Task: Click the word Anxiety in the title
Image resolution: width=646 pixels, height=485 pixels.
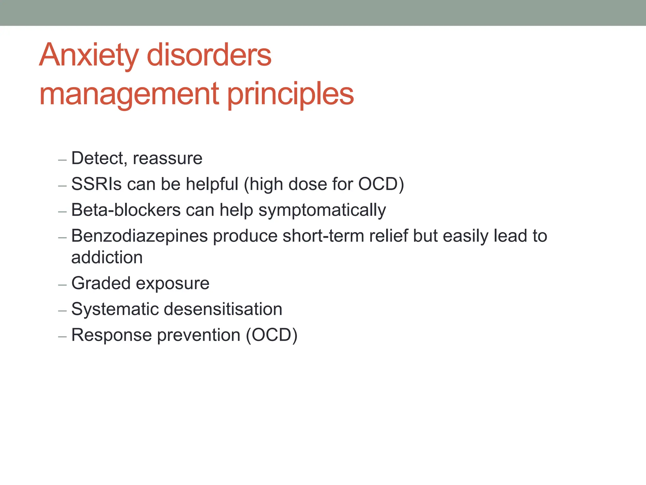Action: click(89, 56)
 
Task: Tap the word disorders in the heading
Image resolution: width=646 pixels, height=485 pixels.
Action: click(209, 56)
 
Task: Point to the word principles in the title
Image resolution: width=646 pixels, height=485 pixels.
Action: click(291, 94)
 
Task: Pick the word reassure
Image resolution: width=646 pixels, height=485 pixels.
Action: click(167, 158)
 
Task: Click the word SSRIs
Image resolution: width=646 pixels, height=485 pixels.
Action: click(96, 184)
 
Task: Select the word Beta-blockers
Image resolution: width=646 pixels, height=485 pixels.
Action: click(126, 210)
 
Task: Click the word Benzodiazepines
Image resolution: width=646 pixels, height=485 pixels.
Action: click(139, 236)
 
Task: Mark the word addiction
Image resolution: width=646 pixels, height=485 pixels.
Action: click(107, 257)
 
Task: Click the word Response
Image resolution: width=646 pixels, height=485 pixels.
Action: click(112, 335)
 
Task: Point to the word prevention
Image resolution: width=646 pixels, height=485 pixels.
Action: click(199, 335)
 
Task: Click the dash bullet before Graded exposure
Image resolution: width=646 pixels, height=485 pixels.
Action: click(62, 285)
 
